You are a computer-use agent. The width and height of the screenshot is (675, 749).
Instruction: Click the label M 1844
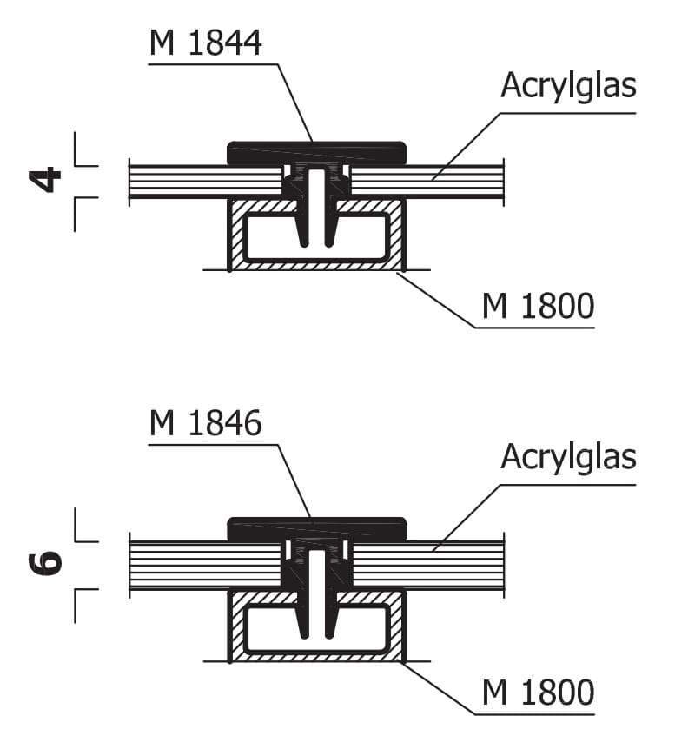coord(205,43)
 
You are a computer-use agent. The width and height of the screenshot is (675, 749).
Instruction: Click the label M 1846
coord(205,423)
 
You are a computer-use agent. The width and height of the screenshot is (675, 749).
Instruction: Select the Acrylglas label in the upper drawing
coord(568,87)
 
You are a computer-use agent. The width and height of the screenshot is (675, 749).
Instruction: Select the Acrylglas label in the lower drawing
coord(568,458)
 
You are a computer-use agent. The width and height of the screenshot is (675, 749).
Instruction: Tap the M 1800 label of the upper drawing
coord(539,306)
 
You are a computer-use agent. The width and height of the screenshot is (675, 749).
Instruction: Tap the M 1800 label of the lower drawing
coord(539,693)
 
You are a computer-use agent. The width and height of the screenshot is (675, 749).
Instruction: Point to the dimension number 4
coord(45,180)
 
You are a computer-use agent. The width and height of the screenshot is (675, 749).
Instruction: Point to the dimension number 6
coord(45,564)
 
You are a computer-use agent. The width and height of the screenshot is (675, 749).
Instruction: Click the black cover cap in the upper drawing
coord(317,151)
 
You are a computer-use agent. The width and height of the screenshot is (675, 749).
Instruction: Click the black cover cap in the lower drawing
coord(317,527)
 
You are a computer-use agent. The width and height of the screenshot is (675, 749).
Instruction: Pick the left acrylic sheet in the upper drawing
coord(205,182)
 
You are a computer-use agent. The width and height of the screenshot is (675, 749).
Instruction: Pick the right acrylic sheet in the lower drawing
coord(427,565)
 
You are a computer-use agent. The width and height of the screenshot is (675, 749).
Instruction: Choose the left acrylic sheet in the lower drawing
coord(205,565)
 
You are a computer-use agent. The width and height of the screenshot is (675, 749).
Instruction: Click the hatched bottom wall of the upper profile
coord(317,266)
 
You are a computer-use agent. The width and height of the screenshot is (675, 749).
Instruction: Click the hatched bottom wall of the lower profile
coord(317,657)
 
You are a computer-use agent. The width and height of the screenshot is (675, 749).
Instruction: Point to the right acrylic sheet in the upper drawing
coord(427,182)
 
